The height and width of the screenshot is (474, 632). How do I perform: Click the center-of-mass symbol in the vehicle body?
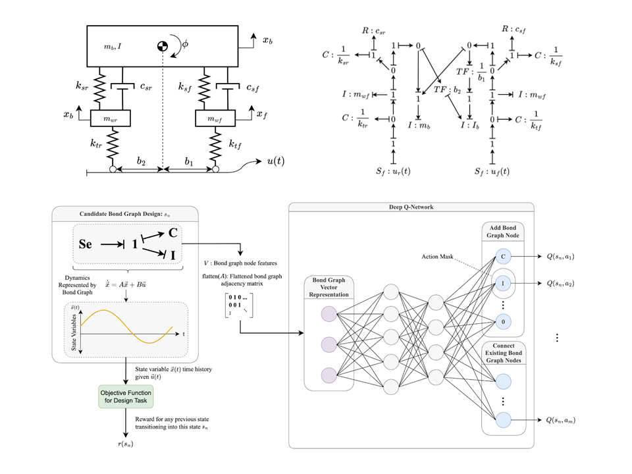[x=162, y=46]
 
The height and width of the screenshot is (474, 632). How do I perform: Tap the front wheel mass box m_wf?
[x=215, y=118]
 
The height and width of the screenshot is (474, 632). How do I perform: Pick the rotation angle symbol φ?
[x=185, y=45]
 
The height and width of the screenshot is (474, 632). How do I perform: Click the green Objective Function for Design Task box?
[x=124, y=396]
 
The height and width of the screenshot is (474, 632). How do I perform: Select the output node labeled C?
[x=504, y=256]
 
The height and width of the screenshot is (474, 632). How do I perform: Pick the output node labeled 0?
[x=504, y=322]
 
